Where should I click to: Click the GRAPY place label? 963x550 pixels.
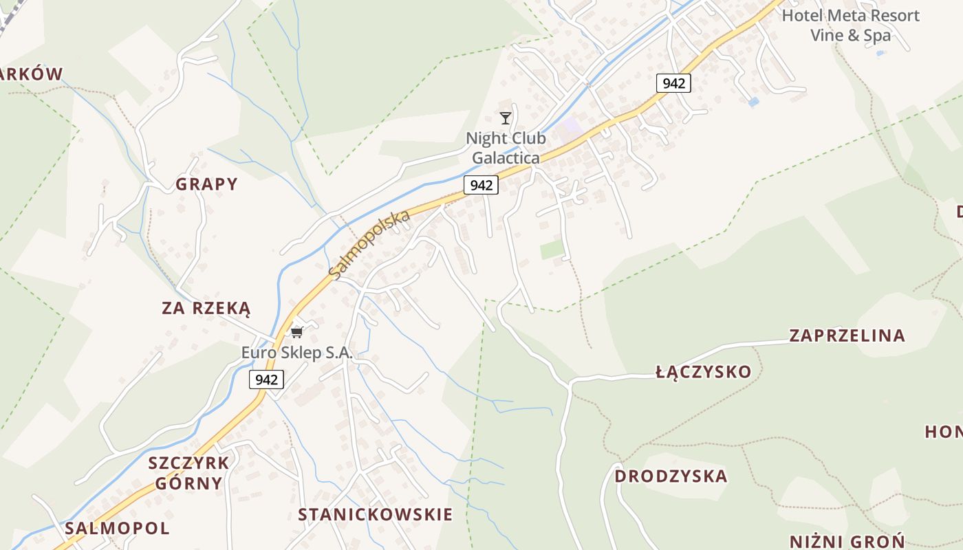206,184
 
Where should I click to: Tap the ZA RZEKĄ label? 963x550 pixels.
206,308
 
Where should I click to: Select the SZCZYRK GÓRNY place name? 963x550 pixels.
188,472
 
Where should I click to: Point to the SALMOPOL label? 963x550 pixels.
117,528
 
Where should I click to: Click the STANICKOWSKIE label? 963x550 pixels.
375,514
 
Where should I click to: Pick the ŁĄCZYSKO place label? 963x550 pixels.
703,372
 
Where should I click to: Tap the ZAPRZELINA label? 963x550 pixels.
847,335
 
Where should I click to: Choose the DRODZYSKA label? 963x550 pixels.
671,476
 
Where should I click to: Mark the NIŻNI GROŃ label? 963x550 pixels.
847,541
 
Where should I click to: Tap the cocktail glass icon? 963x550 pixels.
506,118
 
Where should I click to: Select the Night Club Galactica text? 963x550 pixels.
506,148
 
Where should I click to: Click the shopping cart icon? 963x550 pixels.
296,333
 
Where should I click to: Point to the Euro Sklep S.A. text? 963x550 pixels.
296,353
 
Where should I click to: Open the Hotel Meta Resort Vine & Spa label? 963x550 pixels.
850,25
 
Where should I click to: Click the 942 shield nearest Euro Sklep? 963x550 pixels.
266,379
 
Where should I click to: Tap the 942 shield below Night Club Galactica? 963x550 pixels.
481,185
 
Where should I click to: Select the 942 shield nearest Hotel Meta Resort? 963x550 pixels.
673,83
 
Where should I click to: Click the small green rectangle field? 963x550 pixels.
552,249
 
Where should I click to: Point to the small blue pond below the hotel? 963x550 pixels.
754,102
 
